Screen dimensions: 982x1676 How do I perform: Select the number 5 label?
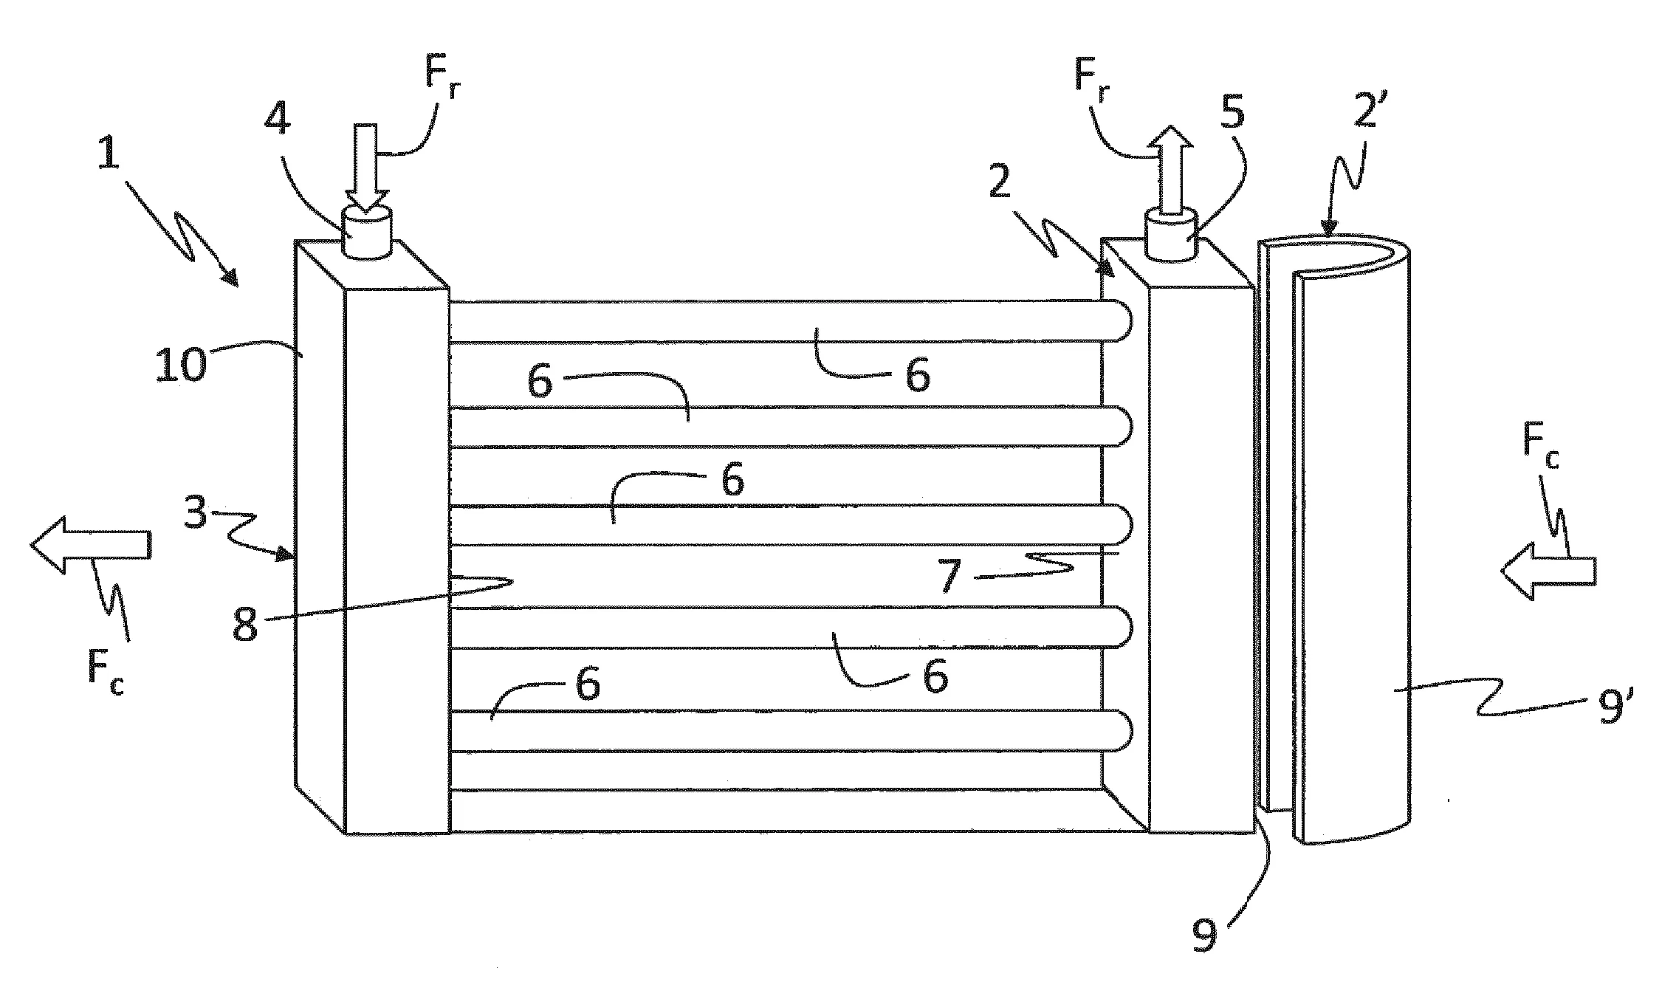(x=1231, y=113)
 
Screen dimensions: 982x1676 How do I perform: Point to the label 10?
(x=179, y=365)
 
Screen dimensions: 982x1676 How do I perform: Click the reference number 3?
(x=195, y=512)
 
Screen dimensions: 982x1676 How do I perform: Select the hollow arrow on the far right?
(x=1548, y=571)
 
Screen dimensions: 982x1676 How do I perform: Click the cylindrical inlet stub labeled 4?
(x=367, y=233)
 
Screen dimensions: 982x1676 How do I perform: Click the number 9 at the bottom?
(x=1204, y=935)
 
